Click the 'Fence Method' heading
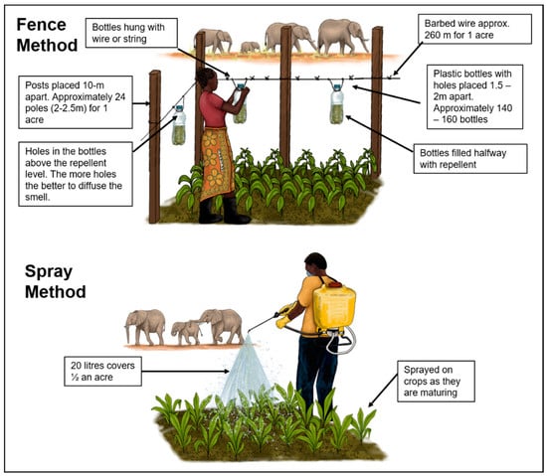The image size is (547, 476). point(47,35)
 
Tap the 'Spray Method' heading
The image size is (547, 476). point(55,281)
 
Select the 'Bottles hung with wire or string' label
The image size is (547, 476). point(131,33)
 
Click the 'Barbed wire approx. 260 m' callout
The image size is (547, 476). point(474,29)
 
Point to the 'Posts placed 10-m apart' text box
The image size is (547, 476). point(76,102)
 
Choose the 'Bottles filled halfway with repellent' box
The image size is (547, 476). point(470,159)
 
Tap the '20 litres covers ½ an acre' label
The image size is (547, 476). point(102,371)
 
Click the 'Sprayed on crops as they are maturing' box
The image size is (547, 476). point(436,382)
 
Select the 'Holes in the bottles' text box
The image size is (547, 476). point(76,174)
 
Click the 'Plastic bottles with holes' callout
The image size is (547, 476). point(474,96)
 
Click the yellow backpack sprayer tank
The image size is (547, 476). point(334,307)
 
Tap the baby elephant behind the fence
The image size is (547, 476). point(250,47)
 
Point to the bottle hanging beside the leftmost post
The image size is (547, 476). point(179,125)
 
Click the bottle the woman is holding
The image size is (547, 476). point(240,103)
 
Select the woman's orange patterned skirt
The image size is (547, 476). point(216,163)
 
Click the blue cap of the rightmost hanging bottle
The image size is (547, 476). point(337,87)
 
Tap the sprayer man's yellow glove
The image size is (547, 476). point(282,322)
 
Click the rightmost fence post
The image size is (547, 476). point(376,101)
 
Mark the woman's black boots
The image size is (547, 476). point(224,211)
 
